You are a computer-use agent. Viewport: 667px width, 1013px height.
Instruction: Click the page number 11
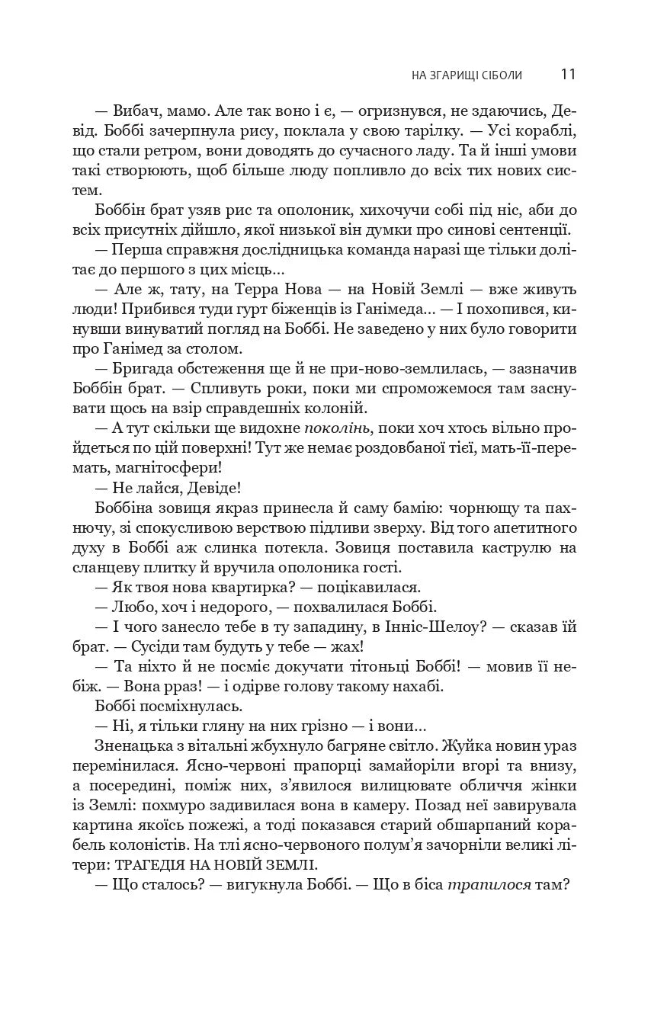(x=567, y=74)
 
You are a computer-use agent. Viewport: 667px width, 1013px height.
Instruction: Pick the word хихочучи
(x=370, y=210)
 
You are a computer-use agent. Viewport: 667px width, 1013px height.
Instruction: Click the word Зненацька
(x=132, y=746)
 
